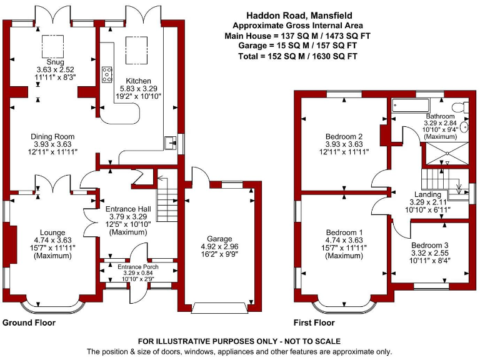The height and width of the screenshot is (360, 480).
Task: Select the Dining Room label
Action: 53,136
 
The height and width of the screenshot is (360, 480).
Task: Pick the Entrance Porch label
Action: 138,267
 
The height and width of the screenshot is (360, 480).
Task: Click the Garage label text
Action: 219,239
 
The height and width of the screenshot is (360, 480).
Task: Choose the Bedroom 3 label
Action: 429,245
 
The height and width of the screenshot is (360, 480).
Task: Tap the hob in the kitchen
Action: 107,74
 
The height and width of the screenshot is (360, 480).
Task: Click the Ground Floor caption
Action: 29,323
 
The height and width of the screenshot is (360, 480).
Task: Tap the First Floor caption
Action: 314,323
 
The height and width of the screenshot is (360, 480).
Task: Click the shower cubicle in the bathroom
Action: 446,152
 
